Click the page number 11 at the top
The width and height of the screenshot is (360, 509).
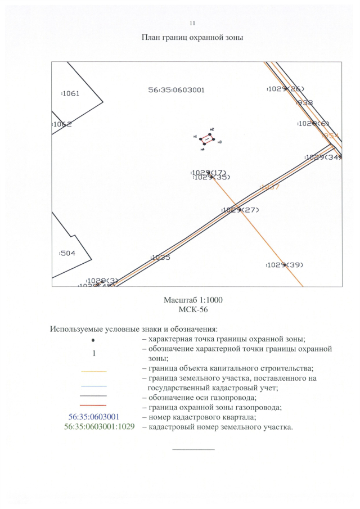click(x=192, y=22)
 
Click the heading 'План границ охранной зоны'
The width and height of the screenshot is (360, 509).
click(x=192, y=37)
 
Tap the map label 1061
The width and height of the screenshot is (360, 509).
click(x=70, y=94)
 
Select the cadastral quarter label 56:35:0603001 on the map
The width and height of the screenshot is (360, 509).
click(x=176, y=90)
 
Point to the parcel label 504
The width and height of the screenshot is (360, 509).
click(x=67, y=254)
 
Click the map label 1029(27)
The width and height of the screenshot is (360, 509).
click(x=240, y=210)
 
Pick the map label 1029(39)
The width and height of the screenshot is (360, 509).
click(x=285, y=265)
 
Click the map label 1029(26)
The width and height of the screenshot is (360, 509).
click(x=285, y=89)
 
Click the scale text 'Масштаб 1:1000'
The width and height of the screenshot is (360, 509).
click(x=193, y=299)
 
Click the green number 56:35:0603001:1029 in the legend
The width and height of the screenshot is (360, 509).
click(x=99, y=427)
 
